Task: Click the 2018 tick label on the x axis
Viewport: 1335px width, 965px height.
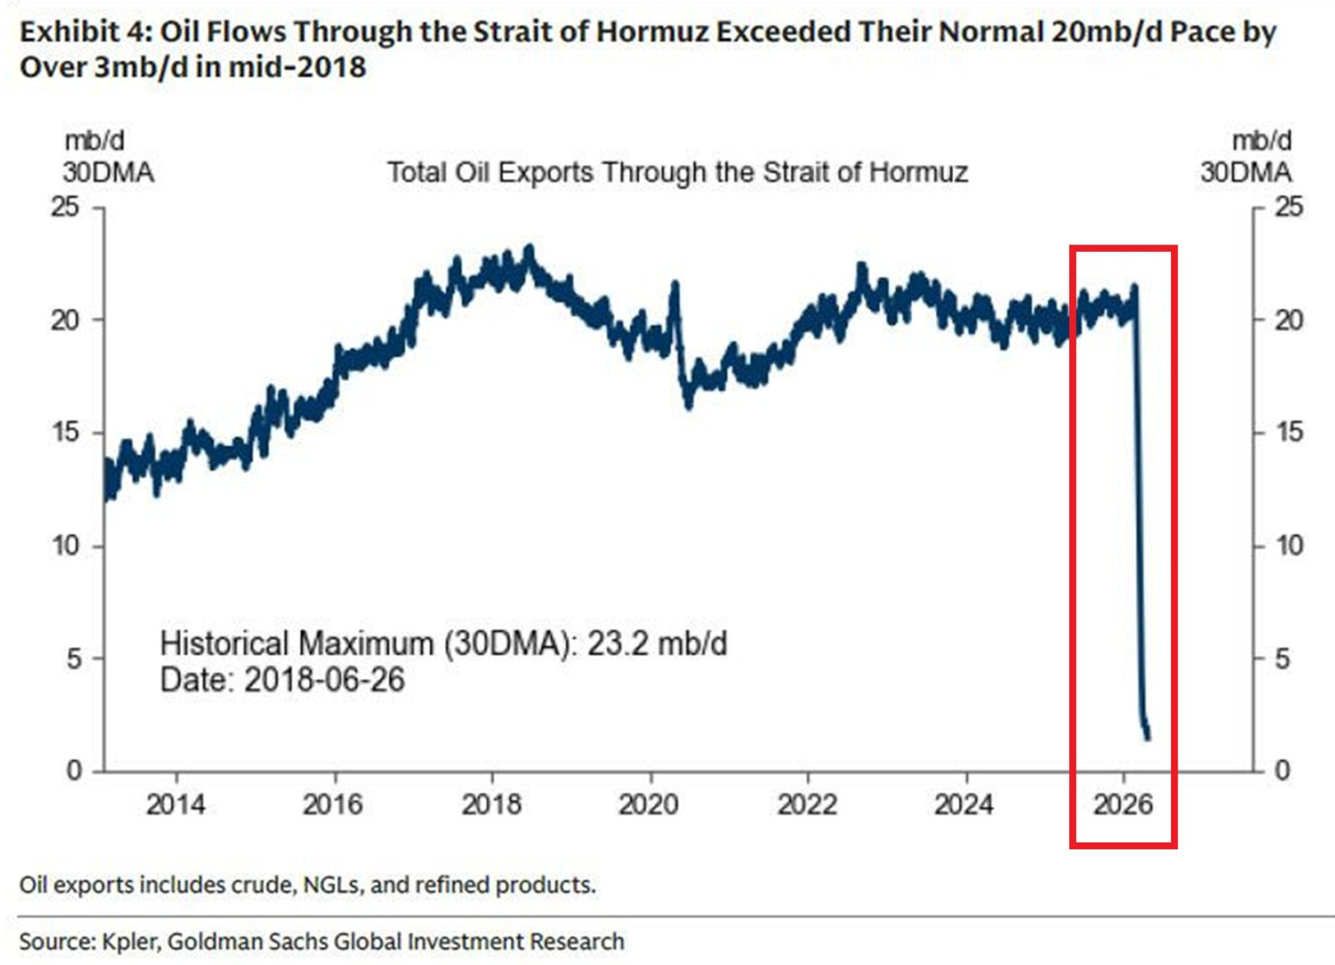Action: point(491,805)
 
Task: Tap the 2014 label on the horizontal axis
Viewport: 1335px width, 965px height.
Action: point(176,805)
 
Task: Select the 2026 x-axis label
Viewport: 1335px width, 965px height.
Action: point(1123,805)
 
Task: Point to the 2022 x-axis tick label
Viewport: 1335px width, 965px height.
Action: point(807,805)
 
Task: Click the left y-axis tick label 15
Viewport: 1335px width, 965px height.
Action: point(65,432)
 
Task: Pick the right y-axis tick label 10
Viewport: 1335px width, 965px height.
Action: point(1289,545)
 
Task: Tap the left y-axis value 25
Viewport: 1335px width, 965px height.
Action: point(65,207)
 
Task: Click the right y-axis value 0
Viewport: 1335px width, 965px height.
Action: point(1282,770)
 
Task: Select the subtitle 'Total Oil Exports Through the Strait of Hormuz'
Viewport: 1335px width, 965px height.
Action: point(677,173)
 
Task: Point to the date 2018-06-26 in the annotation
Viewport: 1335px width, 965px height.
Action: point(324,680)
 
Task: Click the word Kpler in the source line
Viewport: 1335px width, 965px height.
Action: point(130,942)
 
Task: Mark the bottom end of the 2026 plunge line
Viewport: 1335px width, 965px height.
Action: point(1148,737)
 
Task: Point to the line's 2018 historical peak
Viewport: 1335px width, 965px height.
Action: point(529,249)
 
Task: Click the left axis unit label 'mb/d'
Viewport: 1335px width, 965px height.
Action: point(94,140)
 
